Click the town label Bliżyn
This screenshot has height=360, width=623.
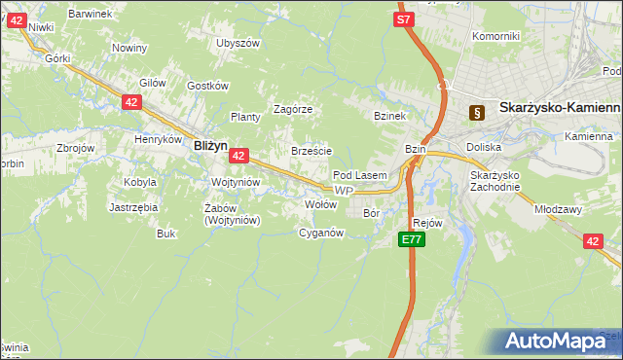210,145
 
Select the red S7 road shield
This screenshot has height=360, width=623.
405,18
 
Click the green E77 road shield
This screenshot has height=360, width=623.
411,238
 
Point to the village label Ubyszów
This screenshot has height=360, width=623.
238,43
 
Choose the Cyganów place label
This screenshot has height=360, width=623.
321,233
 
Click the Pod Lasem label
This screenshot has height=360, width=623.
360,175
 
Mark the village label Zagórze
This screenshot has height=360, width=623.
292,109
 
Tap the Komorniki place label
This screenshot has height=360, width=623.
495,36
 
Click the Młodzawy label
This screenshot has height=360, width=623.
558,208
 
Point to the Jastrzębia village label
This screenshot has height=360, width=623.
133,207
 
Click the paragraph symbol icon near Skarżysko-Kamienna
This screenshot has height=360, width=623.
476,112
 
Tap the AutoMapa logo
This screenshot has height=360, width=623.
559,341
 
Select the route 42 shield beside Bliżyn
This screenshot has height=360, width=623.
239,155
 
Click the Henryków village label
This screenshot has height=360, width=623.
160,139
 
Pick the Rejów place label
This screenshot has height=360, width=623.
428,222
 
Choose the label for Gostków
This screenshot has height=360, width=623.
206,86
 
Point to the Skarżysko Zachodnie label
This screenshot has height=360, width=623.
496,180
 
